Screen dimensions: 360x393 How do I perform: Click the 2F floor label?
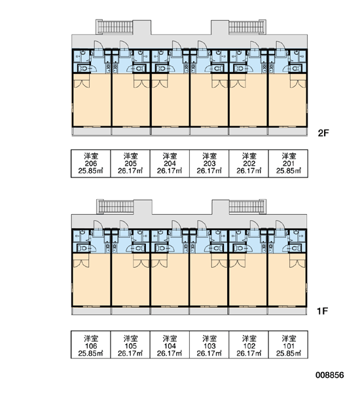323,133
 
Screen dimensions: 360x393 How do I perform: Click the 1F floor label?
323,311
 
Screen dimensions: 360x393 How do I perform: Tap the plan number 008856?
330,375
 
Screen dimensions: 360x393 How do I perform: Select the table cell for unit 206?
91,164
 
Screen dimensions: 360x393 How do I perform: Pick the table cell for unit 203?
209,164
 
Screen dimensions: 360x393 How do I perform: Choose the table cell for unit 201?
289,164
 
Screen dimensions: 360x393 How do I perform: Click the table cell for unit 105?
130,345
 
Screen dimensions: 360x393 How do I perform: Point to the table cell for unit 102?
249,345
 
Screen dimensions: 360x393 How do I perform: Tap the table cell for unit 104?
170,345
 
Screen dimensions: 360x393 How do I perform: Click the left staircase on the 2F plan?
115,27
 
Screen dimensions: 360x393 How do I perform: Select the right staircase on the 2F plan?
247,27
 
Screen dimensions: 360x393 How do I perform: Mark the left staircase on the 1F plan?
115,207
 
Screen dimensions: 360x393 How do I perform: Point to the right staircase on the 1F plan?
247,207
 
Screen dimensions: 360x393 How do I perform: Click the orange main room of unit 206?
92,100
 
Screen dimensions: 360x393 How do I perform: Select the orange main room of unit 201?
287,100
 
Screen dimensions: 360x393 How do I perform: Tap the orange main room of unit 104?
170,280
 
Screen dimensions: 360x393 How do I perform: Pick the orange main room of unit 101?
287,280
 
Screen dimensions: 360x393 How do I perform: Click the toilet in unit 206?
83,68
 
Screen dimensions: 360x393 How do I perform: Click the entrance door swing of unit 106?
98,225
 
